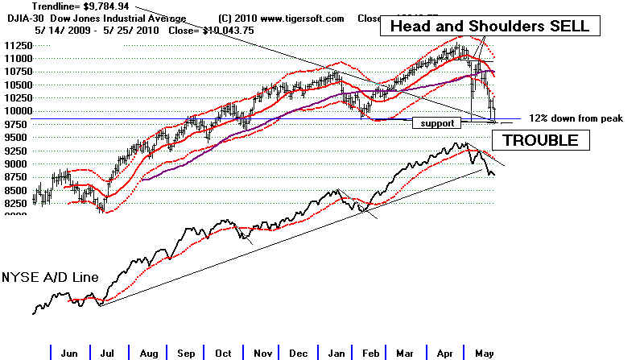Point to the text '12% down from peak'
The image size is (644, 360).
576,118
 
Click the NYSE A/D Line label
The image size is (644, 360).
49,277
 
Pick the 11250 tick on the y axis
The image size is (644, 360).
16,46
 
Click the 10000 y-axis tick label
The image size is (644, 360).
16,111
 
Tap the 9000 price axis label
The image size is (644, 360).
16,163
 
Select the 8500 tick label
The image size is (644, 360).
16,190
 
